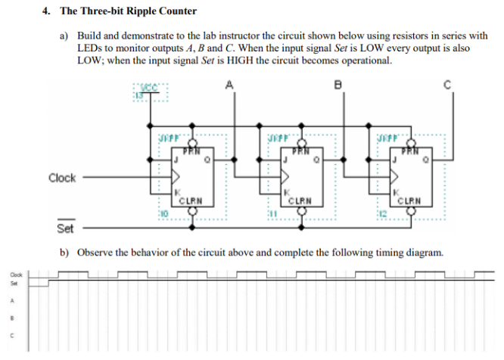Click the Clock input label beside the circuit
(x=62, y=178)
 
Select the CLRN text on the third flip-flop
(x=413, y=201)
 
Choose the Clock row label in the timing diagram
(x=14, y=274)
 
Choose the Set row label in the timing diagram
(x=12, y=284)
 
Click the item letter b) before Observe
(x=64, y=251)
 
